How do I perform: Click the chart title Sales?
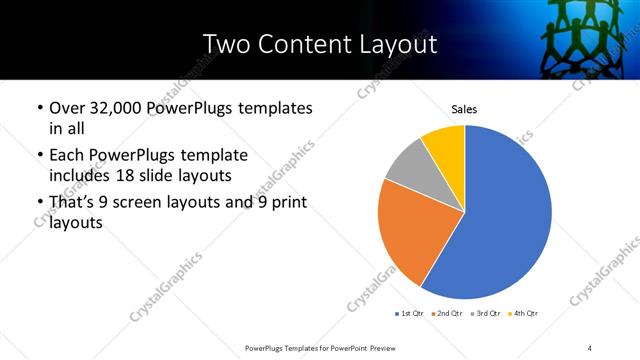coord(465,108)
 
